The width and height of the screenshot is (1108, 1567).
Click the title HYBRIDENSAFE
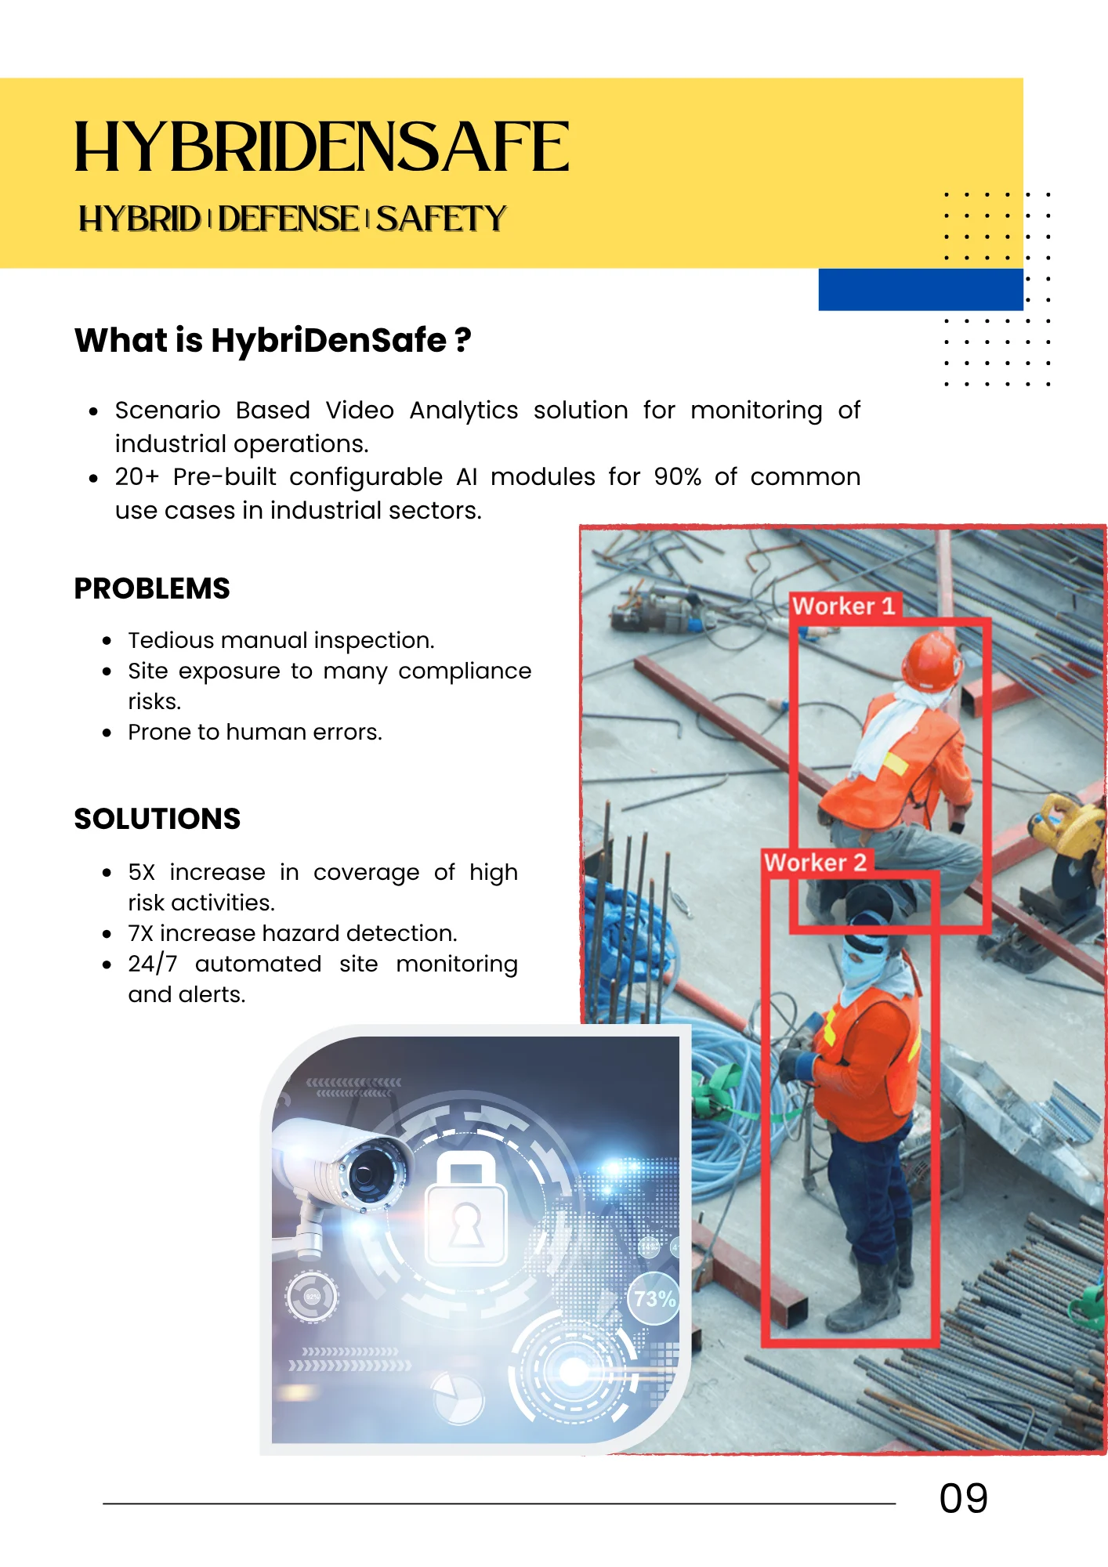tap(321, 147)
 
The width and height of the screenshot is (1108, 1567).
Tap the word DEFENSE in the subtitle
tap(288, 219)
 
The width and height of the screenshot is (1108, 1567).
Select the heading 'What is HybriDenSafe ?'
tap(273, 340)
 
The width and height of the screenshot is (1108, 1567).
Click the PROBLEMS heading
tap(152, 588)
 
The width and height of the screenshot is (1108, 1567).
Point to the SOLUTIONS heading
tap(157, 819)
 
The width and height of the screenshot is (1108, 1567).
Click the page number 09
tap(963, 1499)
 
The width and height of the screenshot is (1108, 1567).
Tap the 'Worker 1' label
tap(843, 606)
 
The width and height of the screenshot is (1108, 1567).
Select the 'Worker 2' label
tap(815, 863)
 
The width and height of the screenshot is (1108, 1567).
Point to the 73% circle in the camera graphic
tap(654, 1299)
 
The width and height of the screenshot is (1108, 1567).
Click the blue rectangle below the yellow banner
tap(921, 289)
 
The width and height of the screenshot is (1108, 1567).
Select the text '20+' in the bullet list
tap(136, 476)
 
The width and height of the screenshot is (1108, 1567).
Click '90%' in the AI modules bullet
tap(677, 476)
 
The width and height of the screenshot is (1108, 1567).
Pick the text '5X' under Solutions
tap(142, 872)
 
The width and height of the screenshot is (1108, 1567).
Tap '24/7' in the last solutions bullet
tap(153, 964)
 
